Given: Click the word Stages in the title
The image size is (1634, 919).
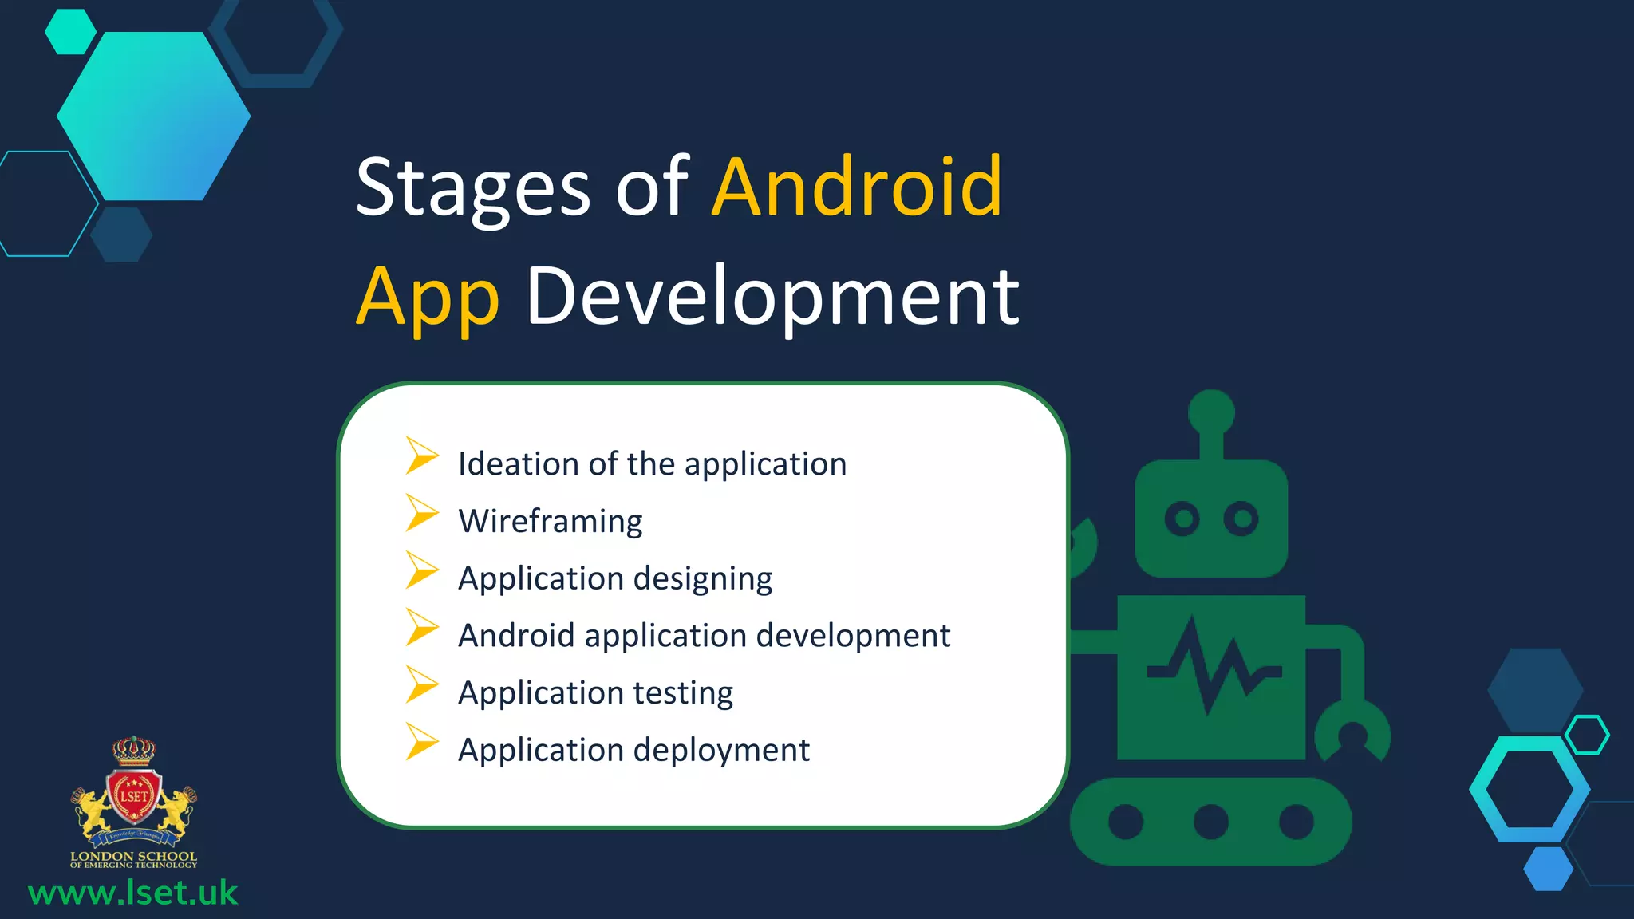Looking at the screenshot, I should [x=472, y=188].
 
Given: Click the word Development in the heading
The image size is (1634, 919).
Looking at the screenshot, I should [x=772, y=297].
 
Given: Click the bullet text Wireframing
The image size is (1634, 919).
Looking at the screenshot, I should [x=550, y=522].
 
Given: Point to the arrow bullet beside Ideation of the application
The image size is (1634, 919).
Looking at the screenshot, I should [x=421, y=456].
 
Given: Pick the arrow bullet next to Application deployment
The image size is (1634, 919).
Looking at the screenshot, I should [x=421, y=742].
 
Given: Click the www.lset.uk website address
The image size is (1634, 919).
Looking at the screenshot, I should [x=132, y=893].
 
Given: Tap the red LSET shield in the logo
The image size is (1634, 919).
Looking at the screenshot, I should [x=134, y=796].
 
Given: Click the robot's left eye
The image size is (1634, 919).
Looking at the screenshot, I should [x=1182, y=519].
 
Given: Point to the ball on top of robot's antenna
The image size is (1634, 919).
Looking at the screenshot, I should [x=1211, y=412].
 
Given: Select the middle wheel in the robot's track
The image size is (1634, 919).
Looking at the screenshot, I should [x=1210, y=822].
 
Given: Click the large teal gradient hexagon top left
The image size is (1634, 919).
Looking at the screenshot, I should [x=154, y=116].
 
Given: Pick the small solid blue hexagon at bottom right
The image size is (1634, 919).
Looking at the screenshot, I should [x=1548, y=869].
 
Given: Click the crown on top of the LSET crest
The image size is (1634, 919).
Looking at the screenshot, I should [x=133, y=750].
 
